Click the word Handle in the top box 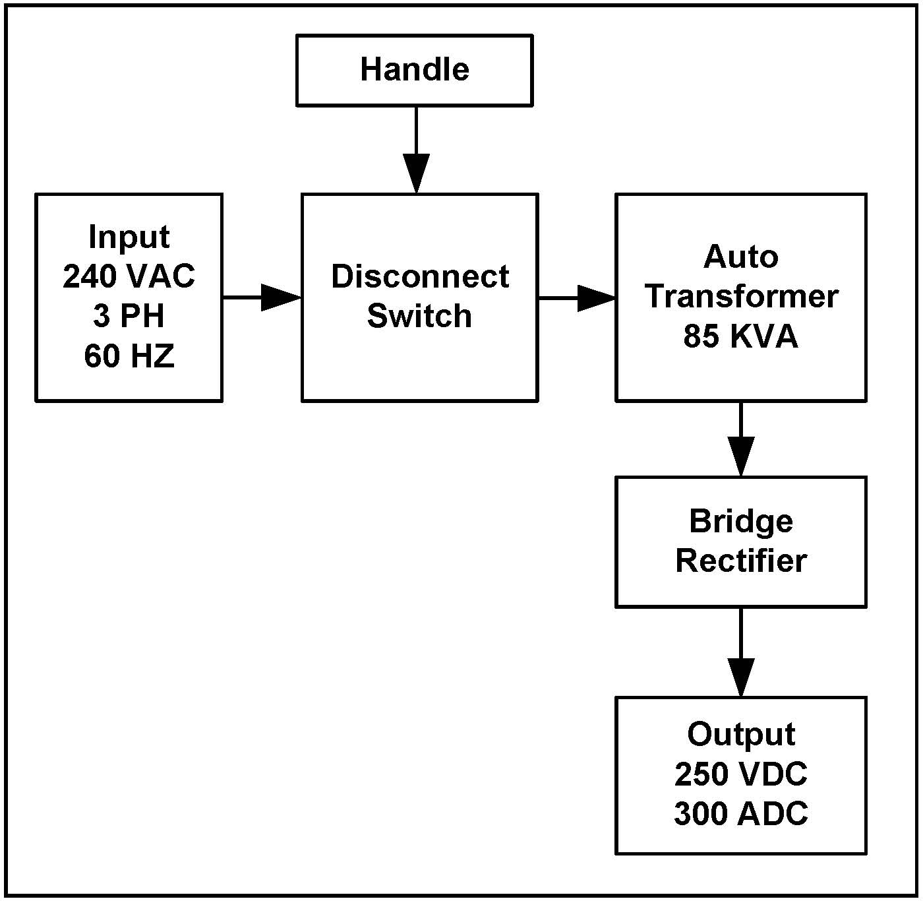click(414, 69)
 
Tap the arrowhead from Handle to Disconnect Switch click(416, 173)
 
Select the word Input click(129, 237)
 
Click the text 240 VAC click(129, 276)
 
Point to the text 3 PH click(129, 316)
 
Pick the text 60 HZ click(129, 356)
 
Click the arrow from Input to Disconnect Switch click(264, 297)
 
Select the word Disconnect click(420, 276)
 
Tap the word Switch click(419, 316)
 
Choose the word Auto click(740, 257)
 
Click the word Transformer click(741, 296)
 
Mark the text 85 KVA click(740, 336)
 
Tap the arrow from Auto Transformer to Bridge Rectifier click(741, 442)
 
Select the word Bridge click(741, 521)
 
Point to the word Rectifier click(741, 561)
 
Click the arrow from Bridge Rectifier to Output click(741, 656)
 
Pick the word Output click(741, 734)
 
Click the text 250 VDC click(741, 774)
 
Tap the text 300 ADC click(741, 813)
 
